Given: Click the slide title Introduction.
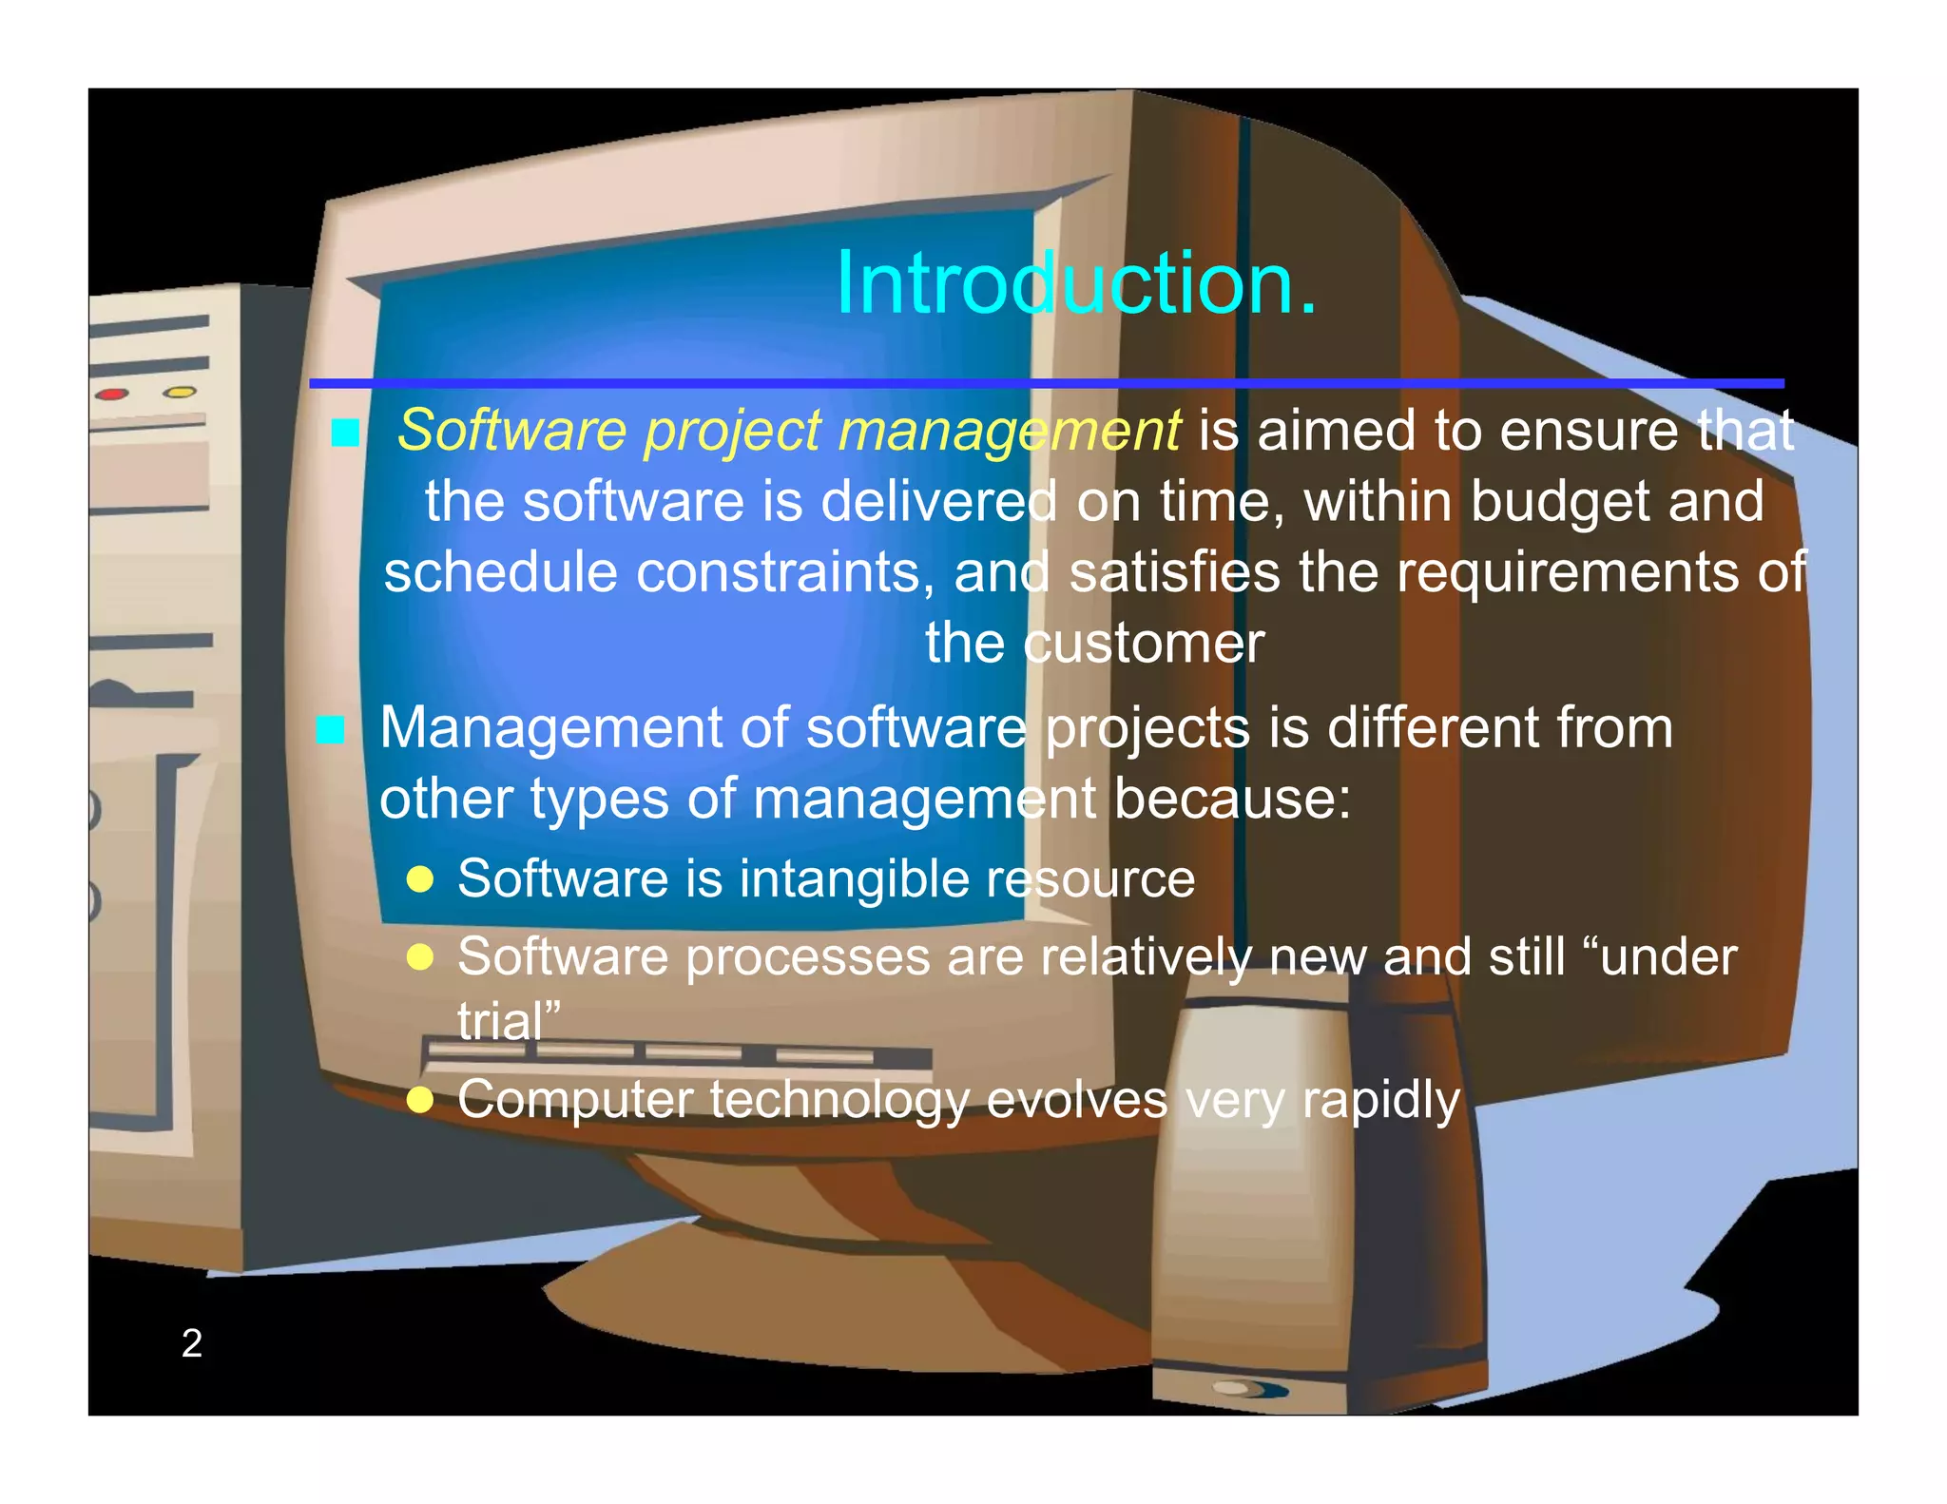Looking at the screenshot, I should (1076, 283).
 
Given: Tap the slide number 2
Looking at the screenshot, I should (191, 1342).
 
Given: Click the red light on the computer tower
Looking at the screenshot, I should (113, 394).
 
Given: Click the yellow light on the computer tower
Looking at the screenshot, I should (179, 392).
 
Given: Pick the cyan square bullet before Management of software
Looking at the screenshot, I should (330, 729).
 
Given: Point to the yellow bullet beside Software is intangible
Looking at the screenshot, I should (420, 879).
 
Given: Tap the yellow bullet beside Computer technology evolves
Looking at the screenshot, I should (420, 1100).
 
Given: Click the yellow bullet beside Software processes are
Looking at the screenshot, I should (420, 956).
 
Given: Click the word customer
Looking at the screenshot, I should (1144, 644).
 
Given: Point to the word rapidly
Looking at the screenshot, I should (1380, 1101).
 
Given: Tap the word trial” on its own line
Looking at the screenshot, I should (509, 1022).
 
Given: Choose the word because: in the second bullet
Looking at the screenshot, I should (1232, 799).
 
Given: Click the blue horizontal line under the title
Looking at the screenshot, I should (1046, 383).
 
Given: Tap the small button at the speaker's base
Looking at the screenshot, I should (1236, 1388).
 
